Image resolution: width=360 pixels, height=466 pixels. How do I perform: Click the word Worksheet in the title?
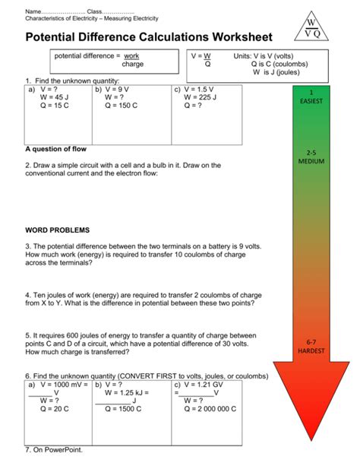click(232, 36)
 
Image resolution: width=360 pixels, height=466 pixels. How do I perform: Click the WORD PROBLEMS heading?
click(57, 229)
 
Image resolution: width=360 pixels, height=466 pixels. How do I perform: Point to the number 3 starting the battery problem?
click(27, 246)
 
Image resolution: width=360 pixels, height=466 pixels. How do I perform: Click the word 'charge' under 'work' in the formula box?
click(133, 65)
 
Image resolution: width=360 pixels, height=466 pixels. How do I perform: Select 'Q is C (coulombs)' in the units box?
click(283, 65)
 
